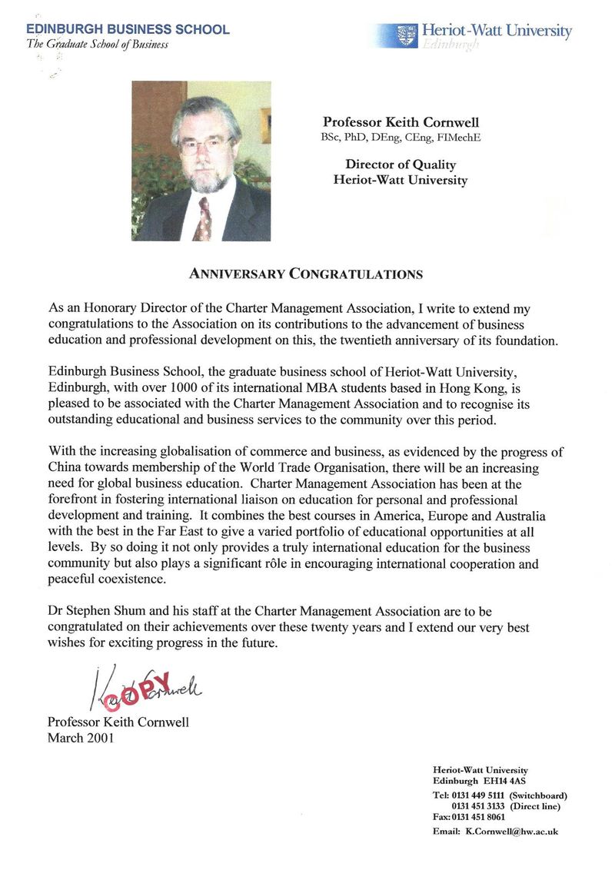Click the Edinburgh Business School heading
[128, 29]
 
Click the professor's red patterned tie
[204, 218]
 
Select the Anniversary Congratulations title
[306, 274]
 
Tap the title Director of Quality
[400, 164]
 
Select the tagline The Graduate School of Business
[97, 44]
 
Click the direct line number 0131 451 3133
[478, 806]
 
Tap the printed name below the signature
[118, 722]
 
